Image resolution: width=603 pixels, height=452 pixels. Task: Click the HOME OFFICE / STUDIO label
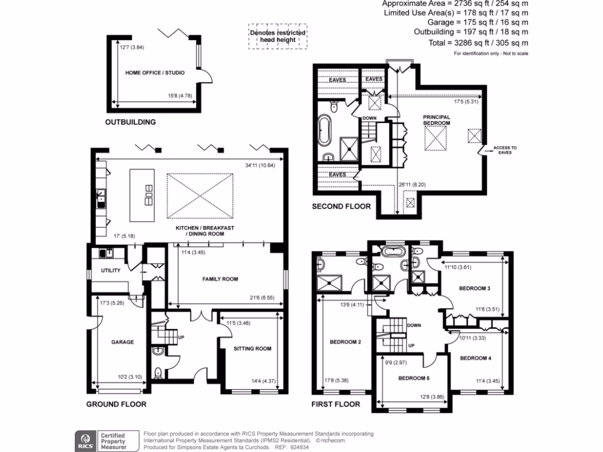[x=155, y=73]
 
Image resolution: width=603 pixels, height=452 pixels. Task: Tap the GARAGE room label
[x=122, y=342]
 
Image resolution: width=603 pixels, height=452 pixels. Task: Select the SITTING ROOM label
[x=252, y=348]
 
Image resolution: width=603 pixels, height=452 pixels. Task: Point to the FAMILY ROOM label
[x=220, y=279]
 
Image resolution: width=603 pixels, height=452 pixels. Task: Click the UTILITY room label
[x=111, y=271]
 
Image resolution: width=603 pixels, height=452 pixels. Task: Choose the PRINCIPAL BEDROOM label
[x=436, y=120]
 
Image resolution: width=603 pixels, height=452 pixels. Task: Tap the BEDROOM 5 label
[x=415, y=378]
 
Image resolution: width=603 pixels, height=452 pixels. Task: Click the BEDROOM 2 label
[x=345, y=342]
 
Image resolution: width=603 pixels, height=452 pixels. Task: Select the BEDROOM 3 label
[x=475, y=288]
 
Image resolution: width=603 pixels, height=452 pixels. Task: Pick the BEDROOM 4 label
[x=475, y=358]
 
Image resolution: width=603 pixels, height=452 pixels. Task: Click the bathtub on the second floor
[x=324, y=131]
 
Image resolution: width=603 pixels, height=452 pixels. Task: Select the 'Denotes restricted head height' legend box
[x=278, y=36]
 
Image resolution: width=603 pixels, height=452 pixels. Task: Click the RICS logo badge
[x=84, y=441]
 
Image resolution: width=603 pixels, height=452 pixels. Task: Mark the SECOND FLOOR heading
[x=341, y=207]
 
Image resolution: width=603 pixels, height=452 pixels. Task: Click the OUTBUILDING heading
[x=130, y=122]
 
